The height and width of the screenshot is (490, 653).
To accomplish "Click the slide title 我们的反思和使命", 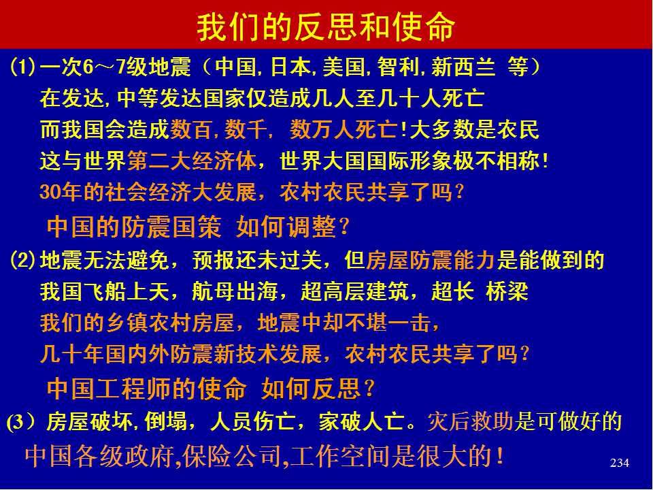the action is point(326,27).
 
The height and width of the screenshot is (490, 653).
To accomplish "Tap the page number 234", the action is point(619,463).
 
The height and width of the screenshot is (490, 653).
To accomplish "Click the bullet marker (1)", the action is point(22,67).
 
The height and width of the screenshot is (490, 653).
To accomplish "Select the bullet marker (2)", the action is point(22,260).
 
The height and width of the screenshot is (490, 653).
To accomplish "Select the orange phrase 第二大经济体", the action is point(192,161).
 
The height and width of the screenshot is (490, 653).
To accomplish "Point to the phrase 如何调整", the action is point(286,227).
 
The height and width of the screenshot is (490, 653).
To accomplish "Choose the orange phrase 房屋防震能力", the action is point(431,260).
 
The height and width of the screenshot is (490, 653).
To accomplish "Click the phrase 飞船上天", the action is point(127,291).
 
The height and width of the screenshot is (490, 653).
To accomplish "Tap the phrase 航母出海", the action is point(235,291).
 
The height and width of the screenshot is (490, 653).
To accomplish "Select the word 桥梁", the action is point(507,291).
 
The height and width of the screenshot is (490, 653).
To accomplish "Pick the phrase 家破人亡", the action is point(361,422).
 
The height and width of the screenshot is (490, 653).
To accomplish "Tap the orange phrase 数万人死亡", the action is point(344,129).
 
